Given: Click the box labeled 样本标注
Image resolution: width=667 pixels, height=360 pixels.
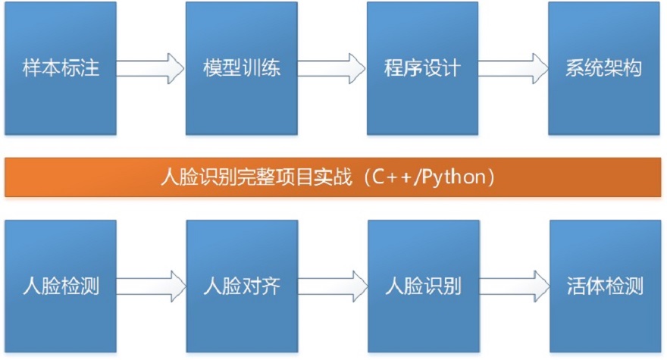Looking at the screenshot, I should point(61,68).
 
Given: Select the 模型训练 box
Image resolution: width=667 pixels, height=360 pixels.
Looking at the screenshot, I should point(242,68).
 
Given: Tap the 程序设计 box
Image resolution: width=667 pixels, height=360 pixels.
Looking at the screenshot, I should point(422,68).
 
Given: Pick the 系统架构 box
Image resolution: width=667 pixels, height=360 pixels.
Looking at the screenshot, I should point(604,68).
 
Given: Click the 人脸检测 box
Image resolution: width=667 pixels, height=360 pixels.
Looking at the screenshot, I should point(61,286).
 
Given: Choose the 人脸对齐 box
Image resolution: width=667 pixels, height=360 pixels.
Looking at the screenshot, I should point(242,286).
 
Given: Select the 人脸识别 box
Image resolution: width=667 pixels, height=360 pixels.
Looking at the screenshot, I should point(422,286).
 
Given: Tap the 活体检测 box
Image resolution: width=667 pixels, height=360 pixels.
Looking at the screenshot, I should point(604,286).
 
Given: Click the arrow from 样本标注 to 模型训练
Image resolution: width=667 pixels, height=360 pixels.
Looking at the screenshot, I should point(151,68).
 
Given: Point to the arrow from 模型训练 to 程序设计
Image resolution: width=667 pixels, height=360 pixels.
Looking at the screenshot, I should point(332,68).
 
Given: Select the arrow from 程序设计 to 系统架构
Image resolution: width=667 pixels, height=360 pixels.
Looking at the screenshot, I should point(513,68).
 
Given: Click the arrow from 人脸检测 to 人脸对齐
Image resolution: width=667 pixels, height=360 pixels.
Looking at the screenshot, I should point(151,286).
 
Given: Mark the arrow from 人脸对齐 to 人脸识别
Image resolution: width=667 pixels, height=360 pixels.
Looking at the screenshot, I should point(332,286).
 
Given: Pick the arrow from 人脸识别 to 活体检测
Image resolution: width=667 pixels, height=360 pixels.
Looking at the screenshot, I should point(513,286).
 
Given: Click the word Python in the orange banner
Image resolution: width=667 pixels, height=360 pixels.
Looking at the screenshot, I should point(456,178).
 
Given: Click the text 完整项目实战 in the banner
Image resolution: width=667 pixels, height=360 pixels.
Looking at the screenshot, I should point(296,178).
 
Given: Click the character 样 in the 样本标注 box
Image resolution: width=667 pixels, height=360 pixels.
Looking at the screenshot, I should point(33,68).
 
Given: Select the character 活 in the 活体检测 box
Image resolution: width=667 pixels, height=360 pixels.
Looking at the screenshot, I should point(575,286).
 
